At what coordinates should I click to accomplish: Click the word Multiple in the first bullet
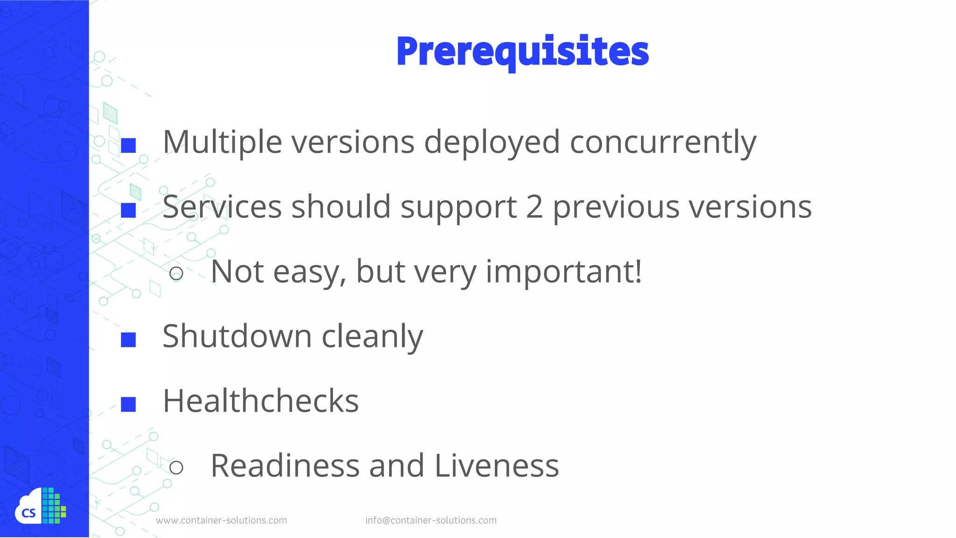coord(222,142)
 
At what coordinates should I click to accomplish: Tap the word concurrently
coord(663,142)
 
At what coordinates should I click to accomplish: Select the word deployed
coord(492,142)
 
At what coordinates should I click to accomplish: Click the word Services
coord(222,207)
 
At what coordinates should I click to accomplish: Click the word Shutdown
coord(237,336)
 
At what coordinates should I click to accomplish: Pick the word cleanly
coord(373,336)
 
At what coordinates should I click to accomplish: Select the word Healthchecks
coord(260,401)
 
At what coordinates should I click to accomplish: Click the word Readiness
coord(285,466)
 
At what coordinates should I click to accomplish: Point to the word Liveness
coord(497,466)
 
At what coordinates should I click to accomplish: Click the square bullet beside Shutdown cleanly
coord(128,340)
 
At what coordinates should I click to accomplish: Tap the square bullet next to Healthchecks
coord(128,404)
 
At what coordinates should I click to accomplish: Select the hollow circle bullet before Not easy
coord(176,273)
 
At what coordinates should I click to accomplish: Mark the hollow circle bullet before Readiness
coord(176,467)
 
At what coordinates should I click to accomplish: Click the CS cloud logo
coord(40,506)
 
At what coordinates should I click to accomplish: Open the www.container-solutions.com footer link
coord(222,520)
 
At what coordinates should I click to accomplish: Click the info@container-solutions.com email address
coord(431,520)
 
